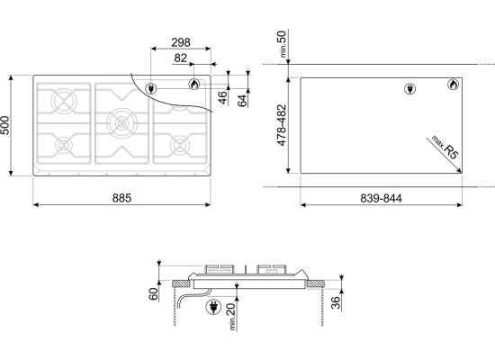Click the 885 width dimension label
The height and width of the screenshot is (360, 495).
pyautogui.click(x=121, y=198)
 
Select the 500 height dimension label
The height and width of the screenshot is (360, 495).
pyautogui.click(x=5, y=125)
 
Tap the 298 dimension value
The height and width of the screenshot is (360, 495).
pyautogui.click(x=181, y=42)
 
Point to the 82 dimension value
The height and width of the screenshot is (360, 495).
pyautogui.click(x=181, y=58)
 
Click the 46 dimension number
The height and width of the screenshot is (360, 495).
pyautogui.click(x=223, y=97)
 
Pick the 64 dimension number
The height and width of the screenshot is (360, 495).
pyautogui.click(x=242, y=101)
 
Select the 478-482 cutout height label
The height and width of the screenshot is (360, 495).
pyautogui.click(x=282, y=125)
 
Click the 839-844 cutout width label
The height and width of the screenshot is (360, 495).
pyautogui.click(x=381, y=198)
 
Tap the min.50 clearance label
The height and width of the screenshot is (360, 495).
pyautogui.click(x=283, y=44)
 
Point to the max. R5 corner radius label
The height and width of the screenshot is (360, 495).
pyautogui.click(x=445, y=148)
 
